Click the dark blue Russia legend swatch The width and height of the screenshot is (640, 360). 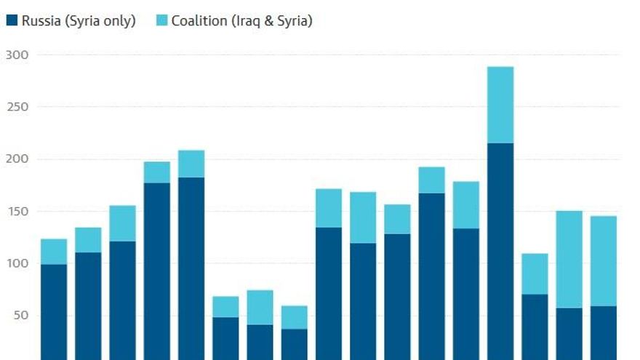(12, 21)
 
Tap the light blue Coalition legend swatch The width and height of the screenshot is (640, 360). (162, 21)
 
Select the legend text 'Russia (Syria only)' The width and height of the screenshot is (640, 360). (79, 21)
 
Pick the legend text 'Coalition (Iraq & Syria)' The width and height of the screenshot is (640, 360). (242, 21)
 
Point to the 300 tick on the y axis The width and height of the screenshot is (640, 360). (16, 55)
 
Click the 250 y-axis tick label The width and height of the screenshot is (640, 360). (16, 107)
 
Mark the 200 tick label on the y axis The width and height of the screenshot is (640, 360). (16, 159)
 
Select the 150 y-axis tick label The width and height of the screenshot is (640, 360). (16, 212)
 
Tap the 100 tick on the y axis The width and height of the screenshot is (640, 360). (16, 263)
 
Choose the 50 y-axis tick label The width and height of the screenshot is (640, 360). (19, 316)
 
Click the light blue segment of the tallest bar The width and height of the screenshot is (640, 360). (500, 105)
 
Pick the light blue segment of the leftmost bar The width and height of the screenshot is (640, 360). (54, 252)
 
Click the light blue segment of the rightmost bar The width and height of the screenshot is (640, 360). (604, 261)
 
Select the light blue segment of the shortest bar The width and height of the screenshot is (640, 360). (295, 317)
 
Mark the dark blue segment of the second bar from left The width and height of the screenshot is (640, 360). (88, 305)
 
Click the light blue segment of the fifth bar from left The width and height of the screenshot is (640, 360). (191, 164)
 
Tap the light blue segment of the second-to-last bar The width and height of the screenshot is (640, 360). (569, 260)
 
